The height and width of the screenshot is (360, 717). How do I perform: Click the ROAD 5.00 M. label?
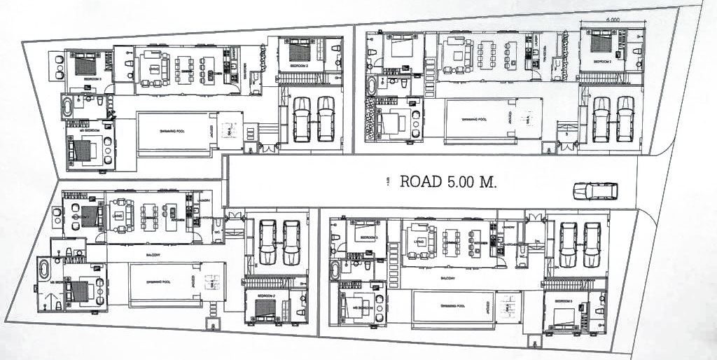click(448, 182)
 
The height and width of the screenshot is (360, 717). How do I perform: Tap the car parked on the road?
click(595, 191)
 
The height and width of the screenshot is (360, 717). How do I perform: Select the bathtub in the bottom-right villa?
click(335, 270)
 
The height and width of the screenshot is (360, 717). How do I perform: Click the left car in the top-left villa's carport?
click(301, 119)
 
